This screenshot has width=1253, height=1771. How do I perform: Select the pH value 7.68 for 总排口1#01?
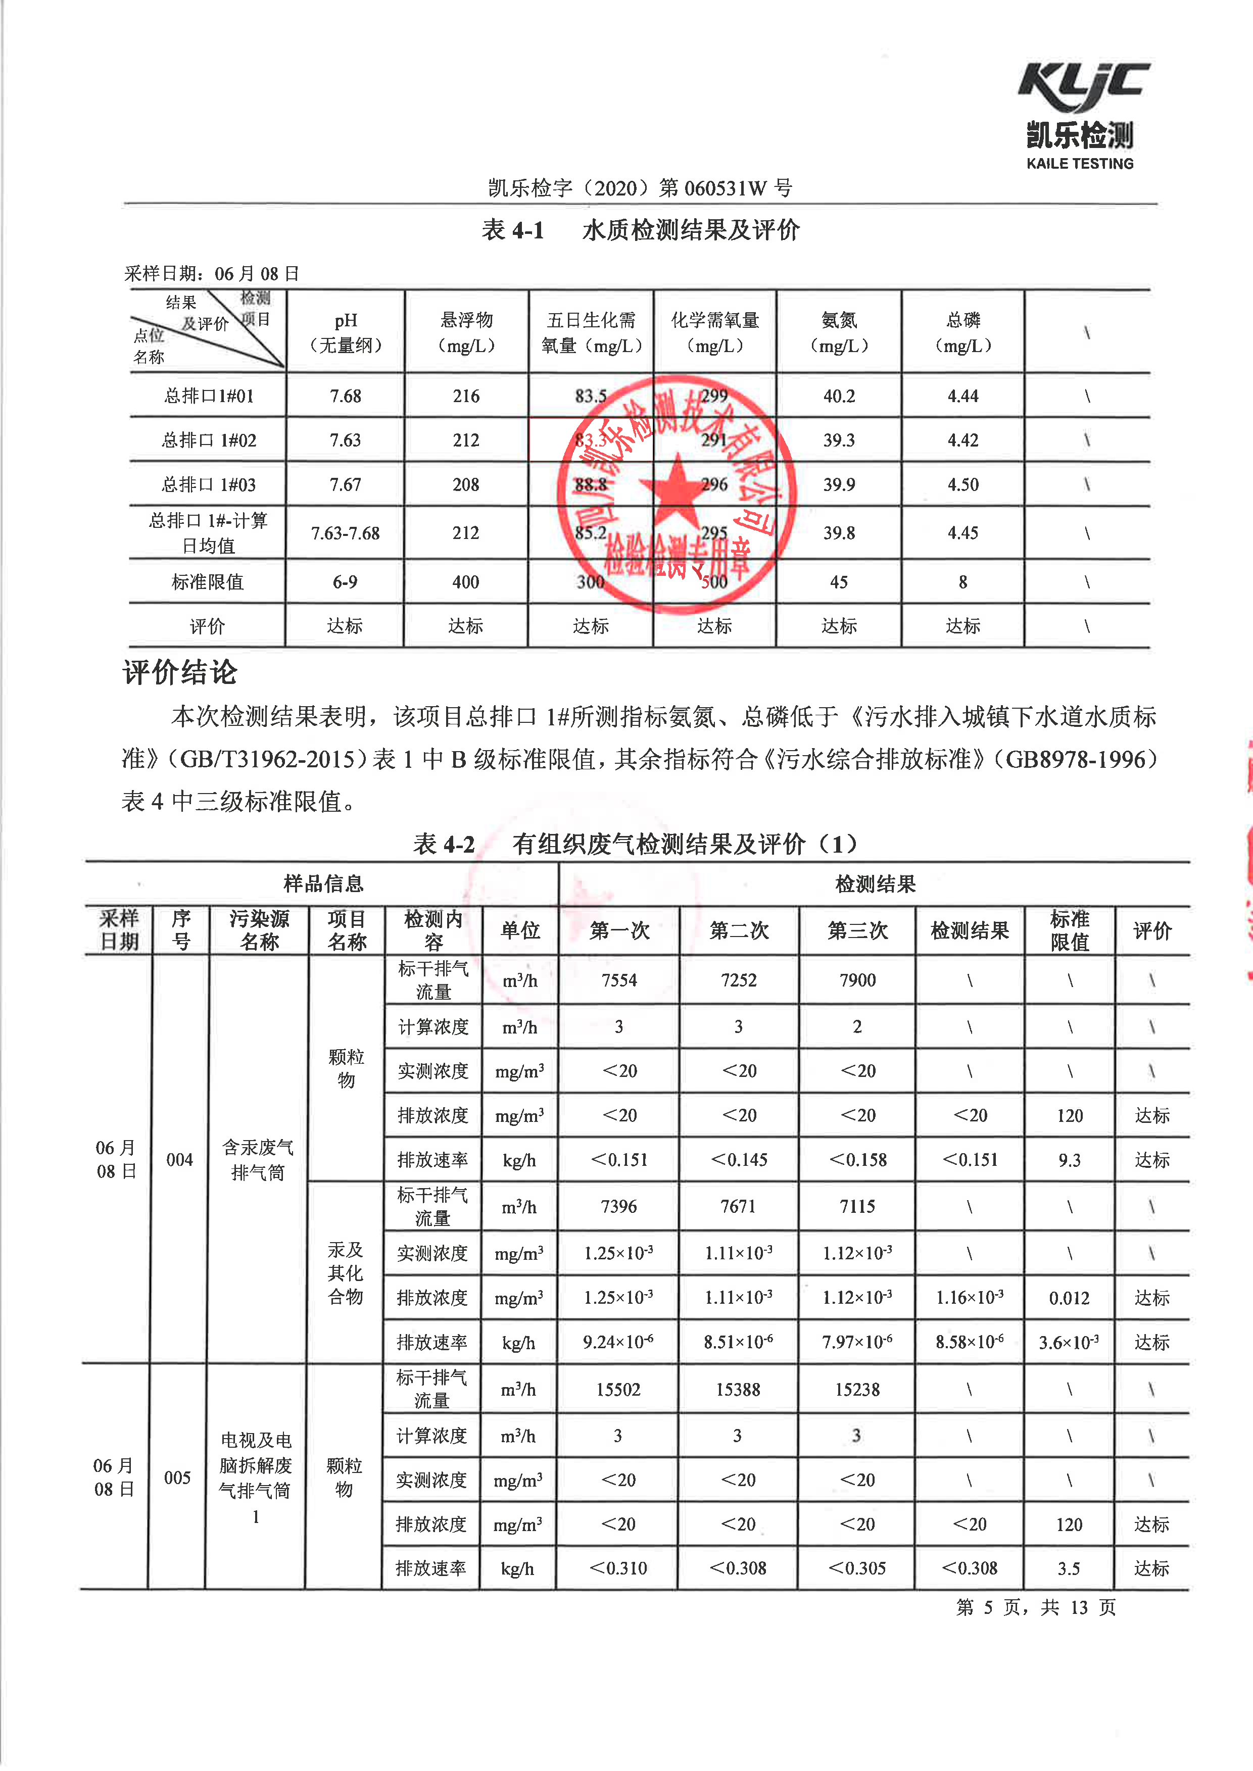[345, 397]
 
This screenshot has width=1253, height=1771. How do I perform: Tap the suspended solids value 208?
[465, 485]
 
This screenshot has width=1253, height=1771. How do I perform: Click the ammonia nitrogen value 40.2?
[839, 397]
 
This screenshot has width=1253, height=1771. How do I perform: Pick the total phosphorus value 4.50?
[963, 485]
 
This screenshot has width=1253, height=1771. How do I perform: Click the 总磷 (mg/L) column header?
[963, 332]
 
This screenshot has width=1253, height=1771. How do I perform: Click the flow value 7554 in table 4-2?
[619, 980]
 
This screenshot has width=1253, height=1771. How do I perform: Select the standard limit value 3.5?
[1069, 1568]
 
